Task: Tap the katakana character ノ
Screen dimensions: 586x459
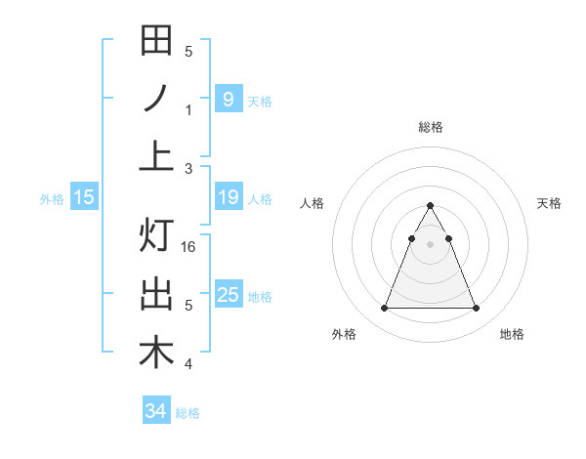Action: (x=156, y=99)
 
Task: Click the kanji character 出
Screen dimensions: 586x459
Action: (x=156, y=294)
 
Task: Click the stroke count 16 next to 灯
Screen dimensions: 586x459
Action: (x=189, y=247)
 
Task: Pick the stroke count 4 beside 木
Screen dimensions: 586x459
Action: (x=189, y=365)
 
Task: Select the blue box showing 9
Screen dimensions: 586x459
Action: (x=228, y=99)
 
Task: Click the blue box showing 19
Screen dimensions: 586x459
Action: (x=228, y=197)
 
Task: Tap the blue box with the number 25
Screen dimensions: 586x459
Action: (x=228, y=294)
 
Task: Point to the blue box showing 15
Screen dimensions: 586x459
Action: (x=84, y=197)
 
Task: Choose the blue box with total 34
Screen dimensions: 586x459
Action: (x=156, y=411)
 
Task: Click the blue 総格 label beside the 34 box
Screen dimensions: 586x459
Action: (x=188, y=413)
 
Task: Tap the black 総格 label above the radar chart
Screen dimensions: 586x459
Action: (x=430, y=127)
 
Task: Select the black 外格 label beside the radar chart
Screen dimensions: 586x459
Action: (x=344, y=334)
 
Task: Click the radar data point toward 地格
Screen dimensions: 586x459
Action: (x=476, y=309)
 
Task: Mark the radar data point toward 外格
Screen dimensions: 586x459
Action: (x=384, y=309)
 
